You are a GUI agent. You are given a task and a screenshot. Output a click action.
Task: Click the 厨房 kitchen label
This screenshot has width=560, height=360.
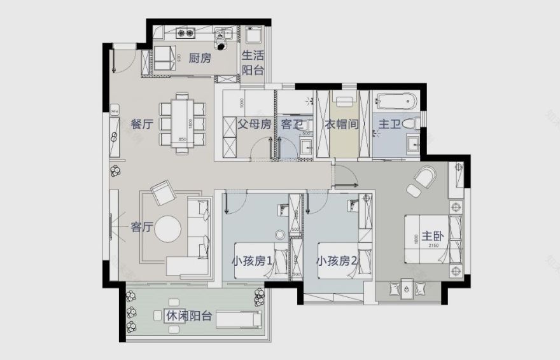(x=200, y=59)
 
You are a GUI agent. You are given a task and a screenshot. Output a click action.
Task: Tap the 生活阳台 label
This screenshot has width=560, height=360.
(x=253, y=62)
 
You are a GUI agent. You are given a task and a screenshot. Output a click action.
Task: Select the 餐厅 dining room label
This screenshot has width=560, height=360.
(x=141, y=125)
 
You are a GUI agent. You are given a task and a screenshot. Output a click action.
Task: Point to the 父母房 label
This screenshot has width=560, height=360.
(x=255, y=125)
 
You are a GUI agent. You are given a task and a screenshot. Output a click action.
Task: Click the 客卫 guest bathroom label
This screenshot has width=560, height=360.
(x=292, y=125)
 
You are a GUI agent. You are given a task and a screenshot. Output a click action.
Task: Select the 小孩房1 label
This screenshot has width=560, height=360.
(x=253, y=261)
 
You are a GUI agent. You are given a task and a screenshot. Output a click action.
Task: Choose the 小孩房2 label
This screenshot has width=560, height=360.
(x=337, y=261)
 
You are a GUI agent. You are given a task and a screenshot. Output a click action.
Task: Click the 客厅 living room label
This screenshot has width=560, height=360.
(x=141, y=227)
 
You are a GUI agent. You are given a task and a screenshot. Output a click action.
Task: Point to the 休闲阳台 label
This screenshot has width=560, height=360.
(x=189, y=316)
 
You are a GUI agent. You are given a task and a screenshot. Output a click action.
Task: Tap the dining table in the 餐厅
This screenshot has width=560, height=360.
(x=182, y=123)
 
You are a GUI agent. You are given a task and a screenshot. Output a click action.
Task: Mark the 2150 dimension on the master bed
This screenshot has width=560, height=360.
(x=435, y=246)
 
